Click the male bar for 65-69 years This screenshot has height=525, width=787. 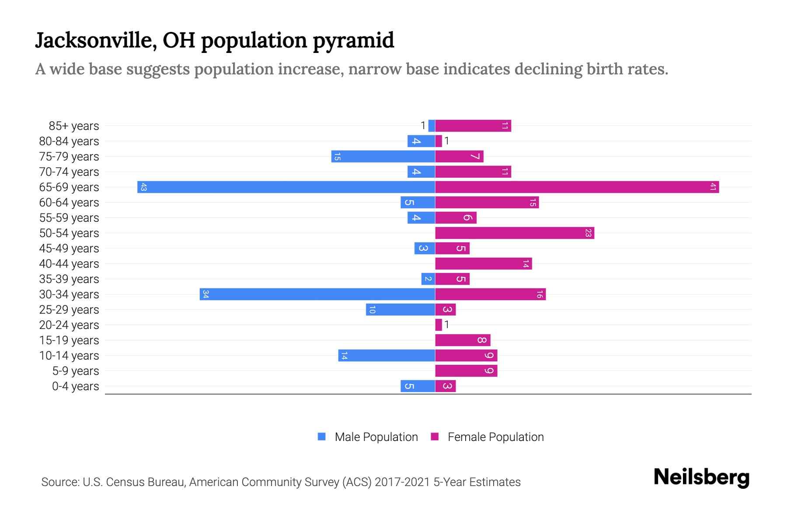tap(286, 187)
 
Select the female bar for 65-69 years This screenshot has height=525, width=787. tap(577, 187)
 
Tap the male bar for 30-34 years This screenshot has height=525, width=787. tap(317, 294)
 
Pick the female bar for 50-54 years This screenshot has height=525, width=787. tap(515, 233)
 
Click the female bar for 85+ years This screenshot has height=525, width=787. tap(473, 126)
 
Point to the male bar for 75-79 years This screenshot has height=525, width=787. tap(383, 157)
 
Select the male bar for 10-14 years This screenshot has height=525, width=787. tap(387, 356)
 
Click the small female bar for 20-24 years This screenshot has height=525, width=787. tap(439, 325)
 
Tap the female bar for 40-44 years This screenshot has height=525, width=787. tap(484, 264)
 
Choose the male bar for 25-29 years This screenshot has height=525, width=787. tap(400, 310)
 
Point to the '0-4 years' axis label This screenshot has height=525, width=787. tap(75, 386)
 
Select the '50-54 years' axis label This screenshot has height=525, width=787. tap(69, 233)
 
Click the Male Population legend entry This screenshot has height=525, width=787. tap(376, 437)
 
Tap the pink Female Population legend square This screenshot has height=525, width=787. tap(435, 437)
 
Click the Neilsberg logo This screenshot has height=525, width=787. tap(701, 477)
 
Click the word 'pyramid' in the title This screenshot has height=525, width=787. tap(353, 40)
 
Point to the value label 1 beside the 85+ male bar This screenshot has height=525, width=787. tap(423, 126)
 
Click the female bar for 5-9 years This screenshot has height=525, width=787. tap(466, 371)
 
